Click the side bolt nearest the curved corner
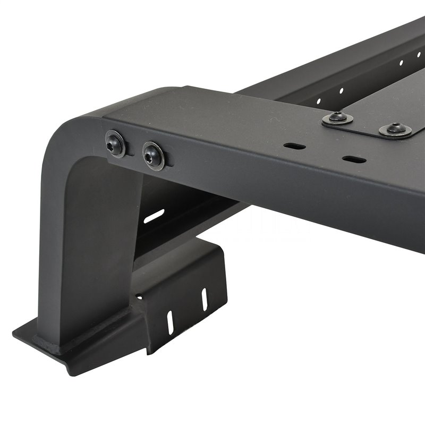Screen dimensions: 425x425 click(115, 143)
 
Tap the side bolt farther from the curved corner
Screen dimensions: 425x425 click(152, 155)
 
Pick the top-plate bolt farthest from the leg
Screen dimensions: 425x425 click(395, 129)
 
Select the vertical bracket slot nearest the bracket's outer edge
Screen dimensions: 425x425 click(203, 299)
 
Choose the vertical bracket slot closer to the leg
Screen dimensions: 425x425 click(170, 322)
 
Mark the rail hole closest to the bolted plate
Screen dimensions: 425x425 click(319, 101)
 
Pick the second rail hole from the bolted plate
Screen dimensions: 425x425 click(342, 90)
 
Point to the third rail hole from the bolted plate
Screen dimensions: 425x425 click(401, 63)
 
